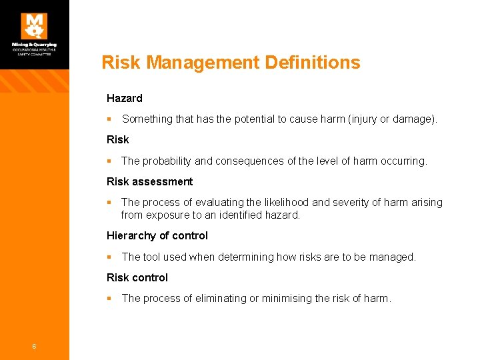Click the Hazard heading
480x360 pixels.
[x=124, y=98]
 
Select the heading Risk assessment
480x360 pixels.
[x=149, y=181]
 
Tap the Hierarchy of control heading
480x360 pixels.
[x=157, y=235]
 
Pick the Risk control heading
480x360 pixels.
[x=137, y=277]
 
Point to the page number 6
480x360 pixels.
[x=33, y=346]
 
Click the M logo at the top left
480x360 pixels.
[x=34, y=26]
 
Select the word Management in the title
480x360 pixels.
[x=203, y=63]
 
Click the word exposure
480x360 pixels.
[x=168, y=215]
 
